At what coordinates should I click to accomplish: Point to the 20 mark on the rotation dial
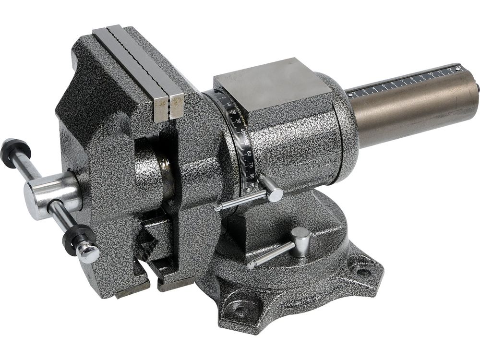(x=234, y=112)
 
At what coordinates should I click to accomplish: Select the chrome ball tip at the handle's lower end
(x=89, y=252)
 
